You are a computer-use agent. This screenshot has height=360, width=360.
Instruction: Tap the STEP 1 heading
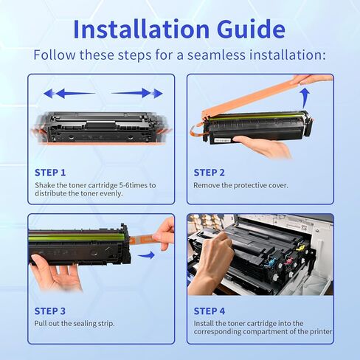(x=50, y=172)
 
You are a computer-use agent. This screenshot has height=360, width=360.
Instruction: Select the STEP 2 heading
(x=210, y=172)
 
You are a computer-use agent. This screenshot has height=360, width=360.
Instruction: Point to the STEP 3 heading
(x=50, y=311)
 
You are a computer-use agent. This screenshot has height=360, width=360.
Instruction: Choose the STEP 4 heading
(x=210, y=311)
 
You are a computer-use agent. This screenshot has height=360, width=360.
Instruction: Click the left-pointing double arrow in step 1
(x=69, y=94)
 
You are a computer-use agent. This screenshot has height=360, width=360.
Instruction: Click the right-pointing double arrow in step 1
(x=137, y=94)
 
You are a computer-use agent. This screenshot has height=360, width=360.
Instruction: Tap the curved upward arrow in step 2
(x=304, y=97)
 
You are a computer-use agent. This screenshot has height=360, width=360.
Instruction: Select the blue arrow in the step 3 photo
(x=148, y=255)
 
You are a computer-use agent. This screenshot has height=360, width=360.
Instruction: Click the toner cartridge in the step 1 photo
(x=101, y=126)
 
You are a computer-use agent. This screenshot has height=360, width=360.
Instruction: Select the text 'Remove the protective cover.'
(x=240, y=185)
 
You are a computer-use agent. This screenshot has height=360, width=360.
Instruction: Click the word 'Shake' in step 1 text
(x=45, y=185)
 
